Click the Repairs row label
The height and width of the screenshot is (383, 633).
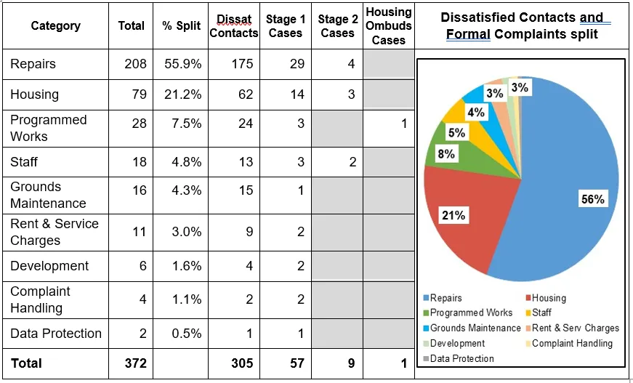click(33, 64)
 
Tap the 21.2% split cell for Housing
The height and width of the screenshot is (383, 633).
click(182, 94)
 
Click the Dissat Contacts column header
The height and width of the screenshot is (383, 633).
click(233, 25)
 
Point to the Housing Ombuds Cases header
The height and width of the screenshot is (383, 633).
click(388, 25)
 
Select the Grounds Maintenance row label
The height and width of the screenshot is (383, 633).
click(48, 195)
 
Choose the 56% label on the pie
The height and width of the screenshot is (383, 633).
click(592, 199)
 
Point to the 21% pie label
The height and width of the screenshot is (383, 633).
click(453, 214)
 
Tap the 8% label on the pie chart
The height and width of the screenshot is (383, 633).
click(445, 154)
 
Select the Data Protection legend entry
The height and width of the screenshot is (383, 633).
click(461, 358)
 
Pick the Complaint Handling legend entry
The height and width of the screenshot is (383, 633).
click(572, 343)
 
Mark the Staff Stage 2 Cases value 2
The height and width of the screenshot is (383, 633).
click(352, 162)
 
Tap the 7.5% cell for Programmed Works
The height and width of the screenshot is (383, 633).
click(182, 124)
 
